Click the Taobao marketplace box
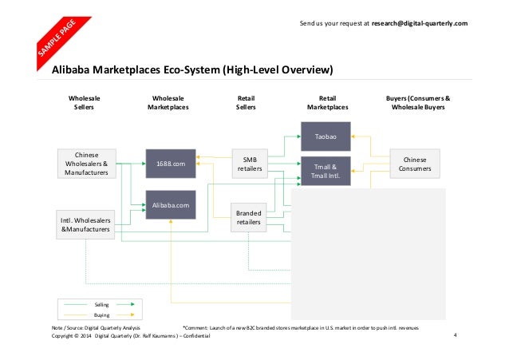(327, 136)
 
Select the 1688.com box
(171, 164)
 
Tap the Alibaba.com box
(171, 205)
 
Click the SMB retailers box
(249, 164)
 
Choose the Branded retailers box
(249, 218)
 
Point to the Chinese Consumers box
(415, 164)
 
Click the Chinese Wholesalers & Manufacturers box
(85, 164)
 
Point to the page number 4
(454, 334)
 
